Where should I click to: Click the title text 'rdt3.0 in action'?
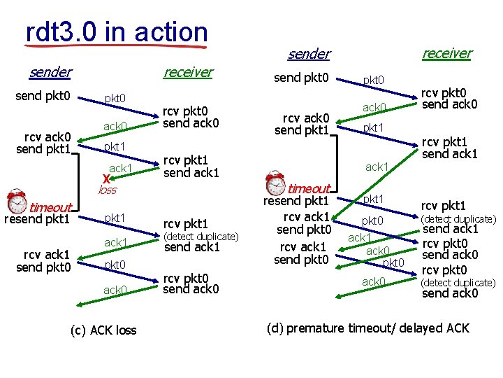(x=116, y=31)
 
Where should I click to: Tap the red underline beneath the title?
(x=116, y=47)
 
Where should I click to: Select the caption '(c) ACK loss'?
(x=105, y=330)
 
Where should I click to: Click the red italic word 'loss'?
(x=107, y=190)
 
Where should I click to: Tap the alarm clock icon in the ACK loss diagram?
(x=17, y=202)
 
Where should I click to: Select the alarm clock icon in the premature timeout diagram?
(x=276, y=183)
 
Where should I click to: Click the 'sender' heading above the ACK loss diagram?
(x=50, y=71)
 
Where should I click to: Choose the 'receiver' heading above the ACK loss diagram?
(x=187, y=71)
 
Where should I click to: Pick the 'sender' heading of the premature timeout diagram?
(x=309, y=54)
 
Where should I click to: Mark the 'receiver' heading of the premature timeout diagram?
(x=446, y=53)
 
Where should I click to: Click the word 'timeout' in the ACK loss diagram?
(x=50, y=207)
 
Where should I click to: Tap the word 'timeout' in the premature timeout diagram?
(x=309, y=189)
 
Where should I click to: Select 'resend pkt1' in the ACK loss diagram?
(x=37, y=219)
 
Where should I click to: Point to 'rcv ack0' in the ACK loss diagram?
(x=43, y=136)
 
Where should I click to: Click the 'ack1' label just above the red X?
(x=120, y=168)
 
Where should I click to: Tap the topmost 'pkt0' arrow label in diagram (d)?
(x=373, y=80)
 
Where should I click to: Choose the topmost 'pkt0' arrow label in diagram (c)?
(x=115, y=99)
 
